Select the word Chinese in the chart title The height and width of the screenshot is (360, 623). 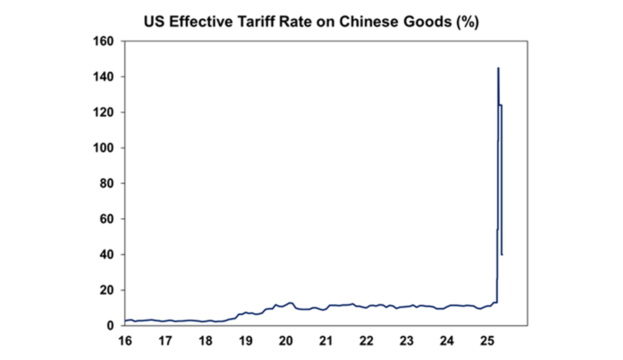(363, 22)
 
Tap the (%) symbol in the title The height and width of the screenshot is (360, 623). (468, 22)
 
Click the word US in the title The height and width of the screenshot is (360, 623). (154, 22)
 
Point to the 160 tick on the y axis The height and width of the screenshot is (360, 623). (103, 41)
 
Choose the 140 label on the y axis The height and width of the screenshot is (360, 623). (103, 77)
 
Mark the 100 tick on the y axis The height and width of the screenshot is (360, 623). (103, 148)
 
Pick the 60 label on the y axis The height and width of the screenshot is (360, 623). (106, 219)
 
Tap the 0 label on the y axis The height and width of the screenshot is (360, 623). (110, 326)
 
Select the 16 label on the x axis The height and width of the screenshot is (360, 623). (125, 341)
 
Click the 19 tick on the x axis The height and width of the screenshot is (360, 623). (246, 341)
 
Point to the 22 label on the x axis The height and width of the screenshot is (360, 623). (366, 341)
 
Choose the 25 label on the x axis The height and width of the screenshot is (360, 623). (487, 341)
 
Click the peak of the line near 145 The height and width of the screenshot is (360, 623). (498, 68)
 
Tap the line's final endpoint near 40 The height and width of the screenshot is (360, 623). (502, 254)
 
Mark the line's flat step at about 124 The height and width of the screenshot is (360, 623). (501, 105)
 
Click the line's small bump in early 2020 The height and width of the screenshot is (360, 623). (290, 303)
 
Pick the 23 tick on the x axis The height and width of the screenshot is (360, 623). (406, 341)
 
